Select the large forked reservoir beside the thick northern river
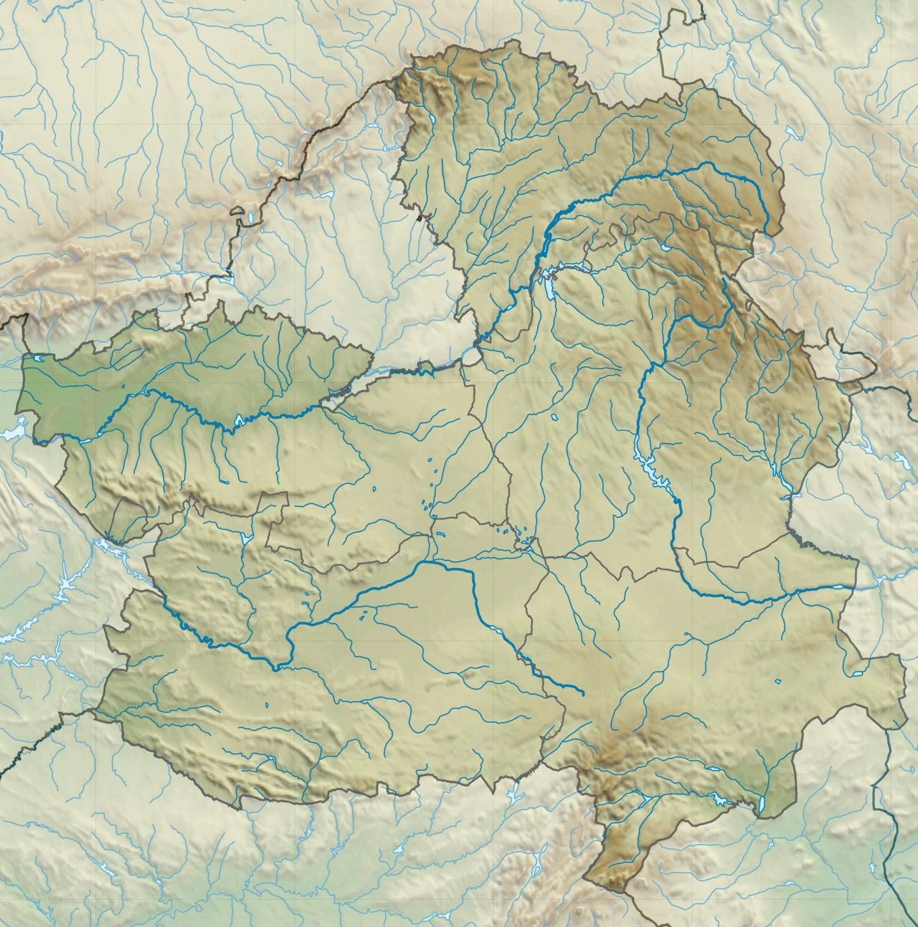(551, 283)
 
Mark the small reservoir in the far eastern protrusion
(858, 675)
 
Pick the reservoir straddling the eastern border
(789, 494)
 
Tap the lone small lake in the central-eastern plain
(554, 417)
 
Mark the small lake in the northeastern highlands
(668, 248)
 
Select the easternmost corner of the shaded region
(906, 706)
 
